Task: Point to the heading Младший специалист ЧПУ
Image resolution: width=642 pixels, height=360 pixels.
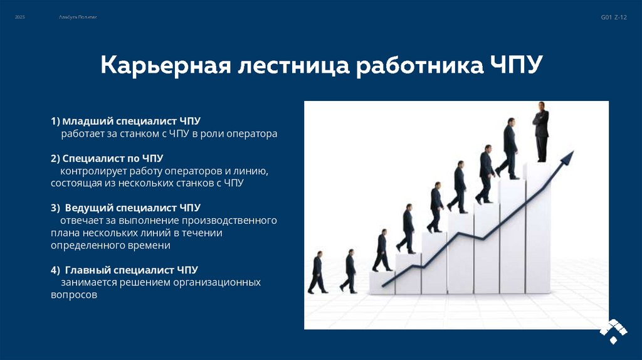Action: pyautogui.click(x=131, y=120)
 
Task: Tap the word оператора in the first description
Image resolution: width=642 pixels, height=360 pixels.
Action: pyautogui.click(x=251, y=134)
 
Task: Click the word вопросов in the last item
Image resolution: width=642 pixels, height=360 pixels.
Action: pyautogui.click(x=74, y=295)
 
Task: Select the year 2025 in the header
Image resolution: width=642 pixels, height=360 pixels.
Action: pyautogui.click(x=20, y=18)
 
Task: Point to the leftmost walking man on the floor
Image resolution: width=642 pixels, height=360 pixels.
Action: pyautogui.click(x=317, y=273)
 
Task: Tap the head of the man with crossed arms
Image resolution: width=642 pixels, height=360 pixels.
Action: pyautogui.click(x=540, y=107)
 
